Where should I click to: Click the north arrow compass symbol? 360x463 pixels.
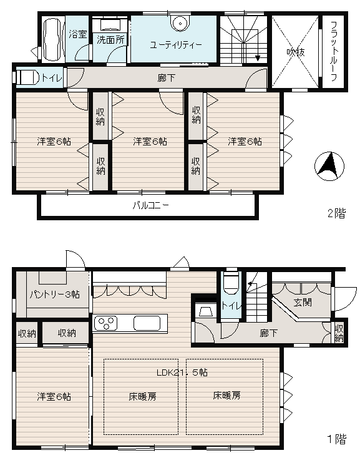[x=329, y=166]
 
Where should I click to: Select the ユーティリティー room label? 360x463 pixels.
[x=175, y=45]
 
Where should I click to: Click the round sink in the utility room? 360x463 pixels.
[x=180, y=22]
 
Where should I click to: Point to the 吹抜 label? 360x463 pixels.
[x=296, y=52]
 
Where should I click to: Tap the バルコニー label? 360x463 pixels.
[x=150, y=205]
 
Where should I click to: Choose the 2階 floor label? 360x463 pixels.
[x=336, y=213]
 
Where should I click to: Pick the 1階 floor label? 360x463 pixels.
[x=336, y=439]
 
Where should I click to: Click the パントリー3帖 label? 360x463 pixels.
[x=55, y=294]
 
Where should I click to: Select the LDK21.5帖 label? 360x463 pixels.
[x=182, y=373]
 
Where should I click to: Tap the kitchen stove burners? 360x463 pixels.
[x=105, y=323]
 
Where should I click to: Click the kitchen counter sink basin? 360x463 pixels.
[x=147, y=323]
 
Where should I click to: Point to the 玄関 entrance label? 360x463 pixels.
[x=303, y=303]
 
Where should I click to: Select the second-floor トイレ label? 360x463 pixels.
[x=52, y=78]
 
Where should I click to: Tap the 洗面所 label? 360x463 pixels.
[x=111, y=40]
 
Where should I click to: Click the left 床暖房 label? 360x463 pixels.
[x=142, y=397]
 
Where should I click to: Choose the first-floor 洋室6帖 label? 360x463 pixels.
[x=54, y=397]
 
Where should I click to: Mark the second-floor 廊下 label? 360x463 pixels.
[x=166, y=78]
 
